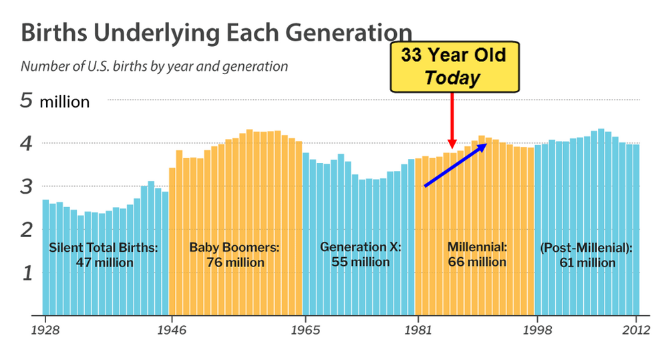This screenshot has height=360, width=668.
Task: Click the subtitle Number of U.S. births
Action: [x=154, y=66]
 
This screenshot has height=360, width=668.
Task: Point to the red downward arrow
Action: [x=452, y=120]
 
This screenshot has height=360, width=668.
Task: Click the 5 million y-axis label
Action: [x=54, y=102]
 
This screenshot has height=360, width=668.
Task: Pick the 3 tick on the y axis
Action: [x=26, y=187]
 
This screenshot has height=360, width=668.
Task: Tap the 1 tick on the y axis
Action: [x=26, y=273]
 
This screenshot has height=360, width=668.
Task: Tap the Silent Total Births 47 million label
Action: [x=104, y=254]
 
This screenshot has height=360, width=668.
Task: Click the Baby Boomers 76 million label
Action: [x=234, y=254]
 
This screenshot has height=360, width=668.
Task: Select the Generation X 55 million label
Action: [x=360, y=254]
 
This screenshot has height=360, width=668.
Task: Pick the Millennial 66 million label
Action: [x=477, y=254]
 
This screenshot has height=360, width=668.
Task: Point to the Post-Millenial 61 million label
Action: [x=586, y=255]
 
